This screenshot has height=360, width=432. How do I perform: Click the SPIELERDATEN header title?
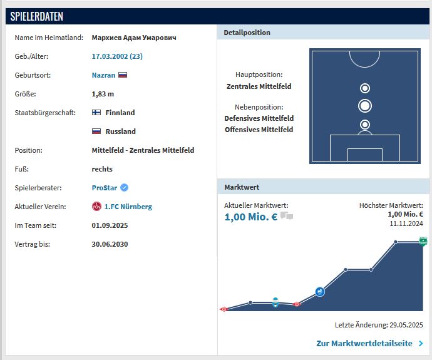point(36,16)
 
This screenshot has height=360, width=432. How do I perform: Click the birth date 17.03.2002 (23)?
point(117,56)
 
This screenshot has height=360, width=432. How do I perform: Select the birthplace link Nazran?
point(103,75)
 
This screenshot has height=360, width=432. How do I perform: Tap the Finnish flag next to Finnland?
point(96,113)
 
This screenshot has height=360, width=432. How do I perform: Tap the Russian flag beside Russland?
point(96,131)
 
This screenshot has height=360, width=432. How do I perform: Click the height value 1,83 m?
point(103,94)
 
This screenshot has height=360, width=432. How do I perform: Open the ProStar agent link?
point(104,188)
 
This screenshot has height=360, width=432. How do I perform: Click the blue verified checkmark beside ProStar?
point(124,188)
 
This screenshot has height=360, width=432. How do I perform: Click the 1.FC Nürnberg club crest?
point(96,207)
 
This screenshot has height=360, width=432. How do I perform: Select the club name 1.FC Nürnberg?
point(128,207)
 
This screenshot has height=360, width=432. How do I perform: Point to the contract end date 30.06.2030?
point(110,244)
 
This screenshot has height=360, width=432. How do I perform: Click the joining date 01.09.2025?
point(110,225)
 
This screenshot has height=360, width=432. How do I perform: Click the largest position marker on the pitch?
point(365,106)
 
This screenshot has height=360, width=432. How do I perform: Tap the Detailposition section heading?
point(247,33)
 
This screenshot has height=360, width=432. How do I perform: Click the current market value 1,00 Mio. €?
point(250,217)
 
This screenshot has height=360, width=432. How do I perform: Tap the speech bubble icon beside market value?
point(287,217)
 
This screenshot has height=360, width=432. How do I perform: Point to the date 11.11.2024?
point(406,223)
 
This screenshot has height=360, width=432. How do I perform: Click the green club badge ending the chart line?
point(423,242)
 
